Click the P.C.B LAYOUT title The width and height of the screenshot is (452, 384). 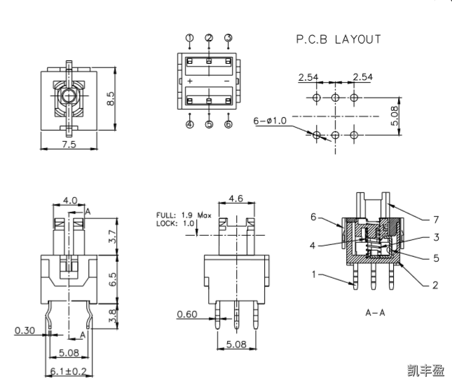(338, 40)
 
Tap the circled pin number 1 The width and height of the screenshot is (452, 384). (189, 38)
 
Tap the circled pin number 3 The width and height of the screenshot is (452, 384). (228, 38)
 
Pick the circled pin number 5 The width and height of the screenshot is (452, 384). (209, 125)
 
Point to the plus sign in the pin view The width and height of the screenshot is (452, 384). (191, 81)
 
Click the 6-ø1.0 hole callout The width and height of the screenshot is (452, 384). (270, 121)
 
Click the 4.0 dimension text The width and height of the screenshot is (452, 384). (70, 201)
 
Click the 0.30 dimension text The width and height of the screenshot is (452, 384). (25, 329)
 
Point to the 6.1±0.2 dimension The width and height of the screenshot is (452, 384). (67, 371)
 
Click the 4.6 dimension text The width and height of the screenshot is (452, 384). (235, 199)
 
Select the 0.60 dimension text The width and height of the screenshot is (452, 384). (187, 314)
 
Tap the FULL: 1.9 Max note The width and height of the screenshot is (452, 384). (184, 215)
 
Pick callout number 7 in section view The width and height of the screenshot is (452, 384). (436, 218)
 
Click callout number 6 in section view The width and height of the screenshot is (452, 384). (314, 217)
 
